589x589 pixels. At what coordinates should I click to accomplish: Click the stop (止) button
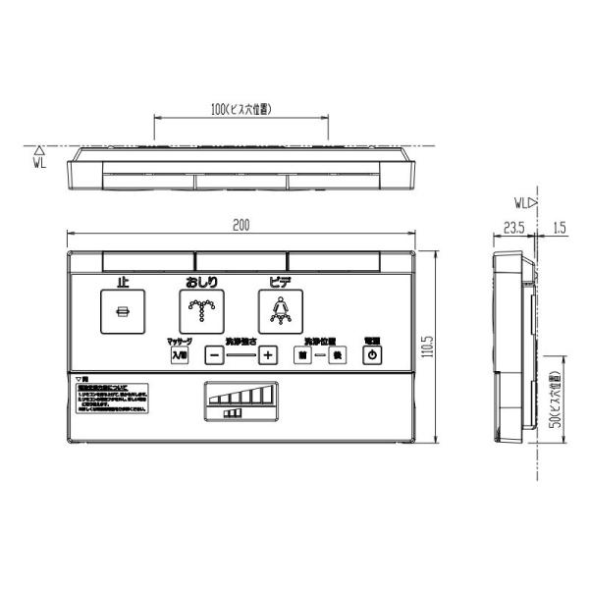tap(123, 310)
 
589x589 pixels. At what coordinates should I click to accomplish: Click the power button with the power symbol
tap(372, 353)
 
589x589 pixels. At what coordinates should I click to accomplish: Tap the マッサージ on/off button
tap(179, 354)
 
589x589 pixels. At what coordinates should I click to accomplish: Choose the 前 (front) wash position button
tap(304, 354)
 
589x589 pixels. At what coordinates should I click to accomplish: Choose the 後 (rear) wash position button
tap(338, 354)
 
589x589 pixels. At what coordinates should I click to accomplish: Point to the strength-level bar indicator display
tap(238, 398)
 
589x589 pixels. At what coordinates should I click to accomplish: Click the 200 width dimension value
tap(241, 225)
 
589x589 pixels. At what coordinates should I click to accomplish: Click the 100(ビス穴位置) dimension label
tap(241, 108)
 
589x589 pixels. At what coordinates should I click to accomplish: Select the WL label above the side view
tap(520, 203)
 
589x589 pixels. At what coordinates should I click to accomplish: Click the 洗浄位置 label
tap(320, 340)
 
